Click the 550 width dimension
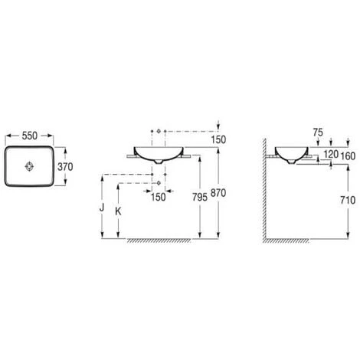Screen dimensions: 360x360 pos(30,136)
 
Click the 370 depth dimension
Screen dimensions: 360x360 pos(65,167)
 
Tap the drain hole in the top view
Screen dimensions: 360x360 pos(29,166)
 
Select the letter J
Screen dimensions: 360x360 pos(102,208)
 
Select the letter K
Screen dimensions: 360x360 pos(118,211)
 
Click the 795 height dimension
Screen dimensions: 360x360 pos(200,197)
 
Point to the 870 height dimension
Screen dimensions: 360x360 pos(218,193)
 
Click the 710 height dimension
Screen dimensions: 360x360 pos(348,200)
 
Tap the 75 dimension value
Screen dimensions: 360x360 pos(318,133)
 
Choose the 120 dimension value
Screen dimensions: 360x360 pos(331,154)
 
